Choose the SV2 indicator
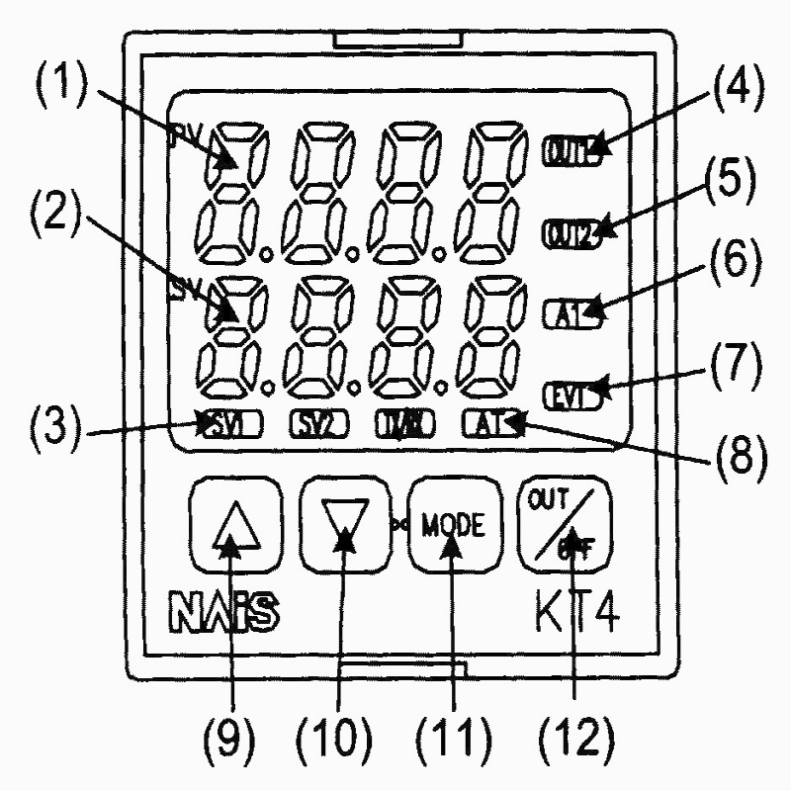315,427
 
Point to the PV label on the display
185,133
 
